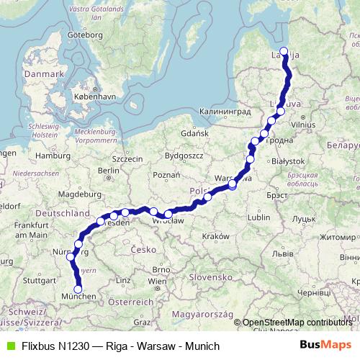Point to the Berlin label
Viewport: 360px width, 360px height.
(109, 170)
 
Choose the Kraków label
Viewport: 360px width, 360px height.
(215, 236)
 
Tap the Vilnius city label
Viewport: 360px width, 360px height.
(305, 125)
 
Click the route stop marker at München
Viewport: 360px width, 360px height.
(78, 289)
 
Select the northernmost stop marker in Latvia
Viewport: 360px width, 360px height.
(284, 51)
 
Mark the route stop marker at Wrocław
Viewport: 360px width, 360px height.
(168, 213)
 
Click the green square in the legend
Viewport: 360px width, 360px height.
(9, 346)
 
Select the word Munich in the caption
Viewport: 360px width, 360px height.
(202, 346)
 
